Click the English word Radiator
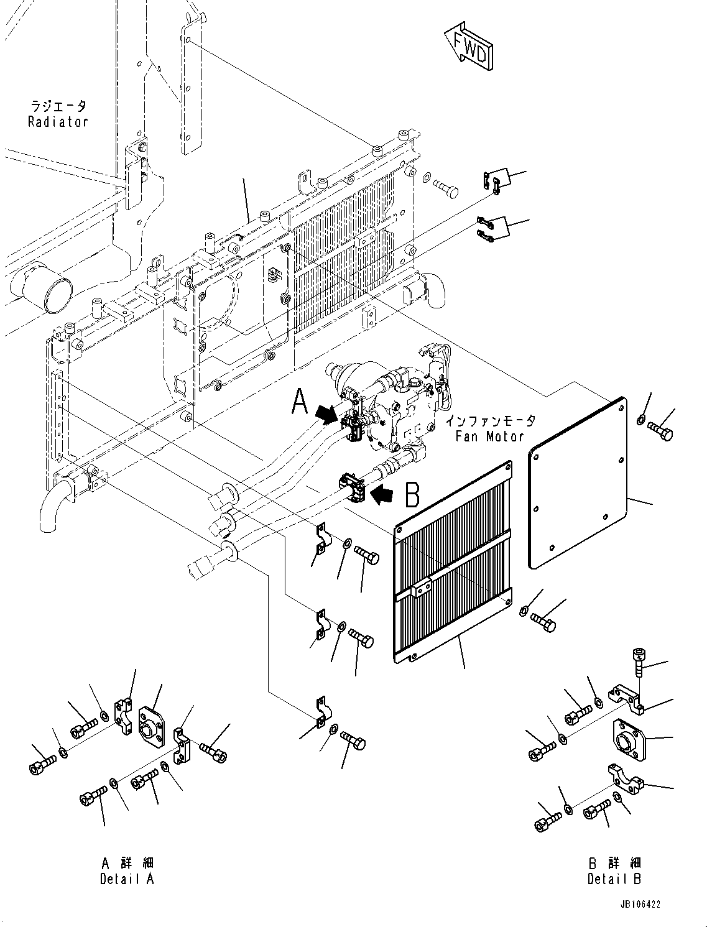tap(58, 122)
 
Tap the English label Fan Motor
tap(489, 436)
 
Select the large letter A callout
tap(300, 400)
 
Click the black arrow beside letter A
tap(328, 413)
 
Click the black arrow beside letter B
tap(384, 495)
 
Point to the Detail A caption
tap(126, 879)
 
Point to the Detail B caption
tap(614, 879)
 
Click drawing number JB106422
tap(639, 905)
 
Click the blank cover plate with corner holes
tap(577, 482)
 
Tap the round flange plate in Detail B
tap(631, 740)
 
